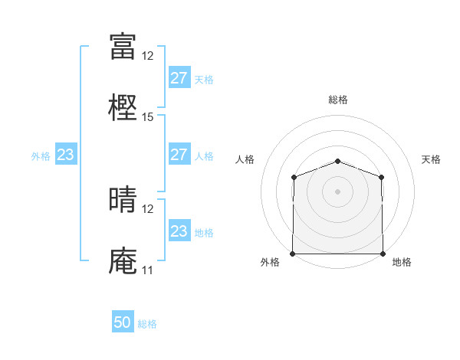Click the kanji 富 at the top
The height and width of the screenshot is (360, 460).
(x=123, y=46)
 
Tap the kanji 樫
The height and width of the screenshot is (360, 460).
(x=123, y=107)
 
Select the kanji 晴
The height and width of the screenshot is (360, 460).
(x=123, y=199)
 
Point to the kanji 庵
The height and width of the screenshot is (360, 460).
(x=123, y=260)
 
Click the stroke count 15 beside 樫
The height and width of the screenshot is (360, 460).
(x=148, y=117)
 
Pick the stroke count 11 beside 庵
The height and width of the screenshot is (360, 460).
(x=147, y=270)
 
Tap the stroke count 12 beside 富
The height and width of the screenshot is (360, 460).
(x=148, y=56)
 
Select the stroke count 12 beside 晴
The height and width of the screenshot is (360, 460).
(x=148, y=208)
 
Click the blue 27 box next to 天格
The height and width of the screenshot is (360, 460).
(x=179, y=77)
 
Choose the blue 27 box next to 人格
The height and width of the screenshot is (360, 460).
(x=179, y=154)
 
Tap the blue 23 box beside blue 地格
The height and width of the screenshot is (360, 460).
(x=179, y=231)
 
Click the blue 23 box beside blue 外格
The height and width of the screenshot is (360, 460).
(x=65, y=155)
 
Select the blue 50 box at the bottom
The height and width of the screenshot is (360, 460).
(x=123, y=322)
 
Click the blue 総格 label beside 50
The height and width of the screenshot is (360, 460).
(x=148, y=324)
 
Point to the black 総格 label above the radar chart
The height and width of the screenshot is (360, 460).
(x=338, y=100)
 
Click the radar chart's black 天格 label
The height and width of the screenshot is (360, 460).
(x=431, y=159)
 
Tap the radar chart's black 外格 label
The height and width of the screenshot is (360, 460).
(x=270, y=262)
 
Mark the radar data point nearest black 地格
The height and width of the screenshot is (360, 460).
(x=383, y=254)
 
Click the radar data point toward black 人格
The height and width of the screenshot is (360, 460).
(x=294, y=177)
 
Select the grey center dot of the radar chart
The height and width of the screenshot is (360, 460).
(x=338, y=191)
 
